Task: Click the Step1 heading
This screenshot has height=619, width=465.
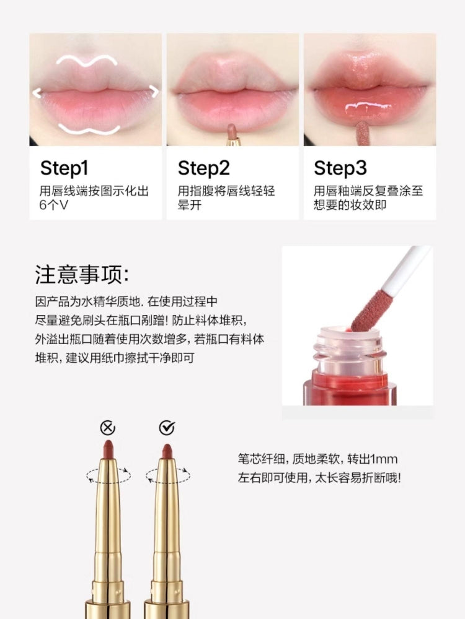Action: (x=64, y=168)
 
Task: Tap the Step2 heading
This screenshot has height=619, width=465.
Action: (x=203, y=168)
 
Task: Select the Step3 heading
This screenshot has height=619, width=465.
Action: (x=340, y=168)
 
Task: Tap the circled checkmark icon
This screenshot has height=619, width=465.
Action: (x=167, y=428)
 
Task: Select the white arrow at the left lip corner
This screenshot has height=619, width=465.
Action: (x=37, y=93)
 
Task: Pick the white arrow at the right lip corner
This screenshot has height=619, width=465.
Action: (x=153, y=92)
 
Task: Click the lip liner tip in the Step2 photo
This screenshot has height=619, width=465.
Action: (x=232, y=131)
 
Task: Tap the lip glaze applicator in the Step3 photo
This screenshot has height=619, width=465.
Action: (x=361, y=133)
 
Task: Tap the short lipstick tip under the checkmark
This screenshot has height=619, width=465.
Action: (x=166, y=451)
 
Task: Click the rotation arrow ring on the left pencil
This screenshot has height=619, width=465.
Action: (x=108, y=475)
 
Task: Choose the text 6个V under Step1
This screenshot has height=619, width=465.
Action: (x=54, y=205)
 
